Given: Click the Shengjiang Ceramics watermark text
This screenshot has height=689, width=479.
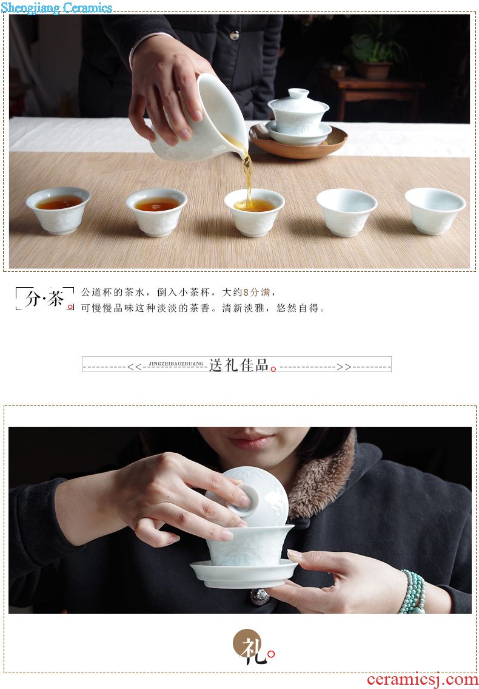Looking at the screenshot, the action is point(56,7).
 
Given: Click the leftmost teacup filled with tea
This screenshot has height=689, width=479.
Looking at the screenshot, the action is point(58,211).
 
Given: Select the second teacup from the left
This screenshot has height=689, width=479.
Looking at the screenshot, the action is point(157,212).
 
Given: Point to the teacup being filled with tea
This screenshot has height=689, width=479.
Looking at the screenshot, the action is point(254,212).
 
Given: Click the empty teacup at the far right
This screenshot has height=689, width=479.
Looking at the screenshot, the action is point(435,211).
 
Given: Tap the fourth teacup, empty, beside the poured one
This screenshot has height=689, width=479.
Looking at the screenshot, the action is point(347,212).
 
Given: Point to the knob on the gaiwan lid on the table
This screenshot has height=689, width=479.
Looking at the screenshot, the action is point(298,93).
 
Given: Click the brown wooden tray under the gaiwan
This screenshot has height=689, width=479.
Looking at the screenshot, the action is point(298,141).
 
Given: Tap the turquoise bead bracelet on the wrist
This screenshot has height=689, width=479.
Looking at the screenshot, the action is point(413,591).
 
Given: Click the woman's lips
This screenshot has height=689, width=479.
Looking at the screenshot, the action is point(250,441).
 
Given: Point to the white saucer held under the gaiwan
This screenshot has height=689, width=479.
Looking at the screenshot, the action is point(244,574).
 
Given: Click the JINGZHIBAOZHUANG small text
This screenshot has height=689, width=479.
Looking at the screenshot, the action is point(176,364).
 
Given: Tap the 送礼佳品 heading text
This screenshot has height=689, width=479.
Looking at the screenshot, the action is point(239,365).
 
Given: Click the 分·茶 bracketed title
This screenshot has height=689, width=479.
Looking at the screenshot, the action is point(44,299).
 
